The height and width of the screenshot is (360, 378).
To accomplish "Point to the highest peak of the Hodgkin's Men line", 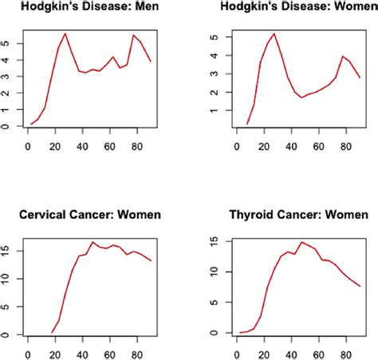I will pyautogui.click(x=65, y=33).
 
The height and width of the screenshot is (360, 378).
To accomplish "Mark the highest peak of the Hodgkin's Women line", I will pyautogui.click(x=274, y=33).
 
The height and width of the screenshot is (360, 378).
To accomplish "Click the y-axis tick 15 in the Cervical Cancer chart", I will pyautogui.click(x=8, y=252).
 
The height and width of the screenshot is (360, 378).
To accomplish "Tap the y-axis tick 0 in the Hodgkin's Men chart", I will pyautogui.click(x=8, y=127).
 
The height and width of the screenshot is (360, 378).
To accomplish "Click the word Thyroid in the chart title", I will pyautogui.click(x=258, y=215).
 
